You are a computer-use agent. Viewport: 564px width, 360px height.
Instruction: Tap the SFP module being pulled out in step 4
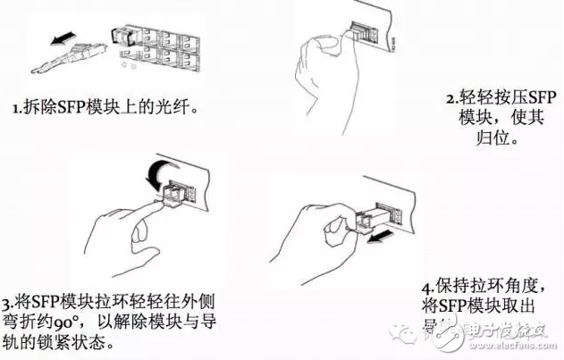tap(366, 216)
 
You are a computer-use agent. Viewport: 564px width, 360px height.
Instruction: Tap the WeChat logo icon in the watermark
tap(414, 334)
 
